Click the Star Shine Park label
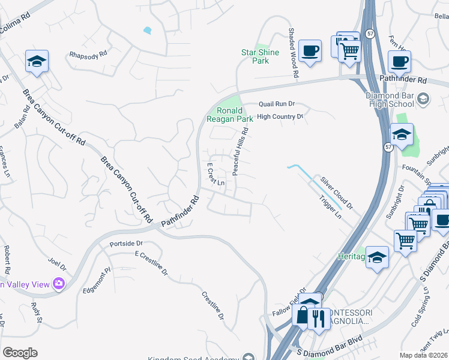260,56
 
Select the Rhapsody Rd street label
88,53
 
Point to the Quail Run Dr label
277,104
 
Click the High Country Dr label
280,117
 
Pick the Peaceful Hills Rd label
241,155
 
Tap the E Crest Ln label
215,174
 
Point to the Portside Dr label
125,244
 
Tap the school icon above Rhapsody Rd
37,61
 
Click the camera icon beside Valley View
59,283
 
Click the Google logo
20,353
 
